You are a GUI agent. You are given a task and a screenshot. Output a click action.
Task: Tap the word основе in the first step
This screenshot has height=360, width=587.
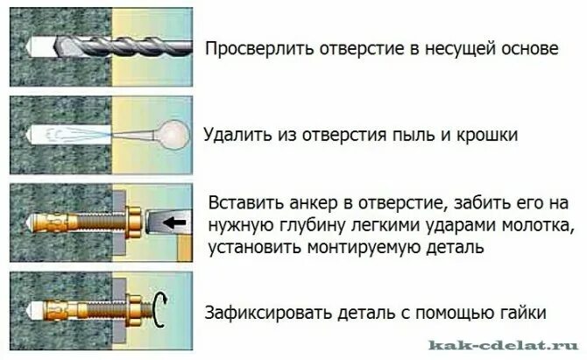pyautogui.click(x=526, y=49)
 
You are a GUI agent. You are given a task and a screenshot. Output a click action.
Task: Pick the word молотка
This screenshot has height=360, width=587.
pyautogui.click(x=534, y=226)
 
